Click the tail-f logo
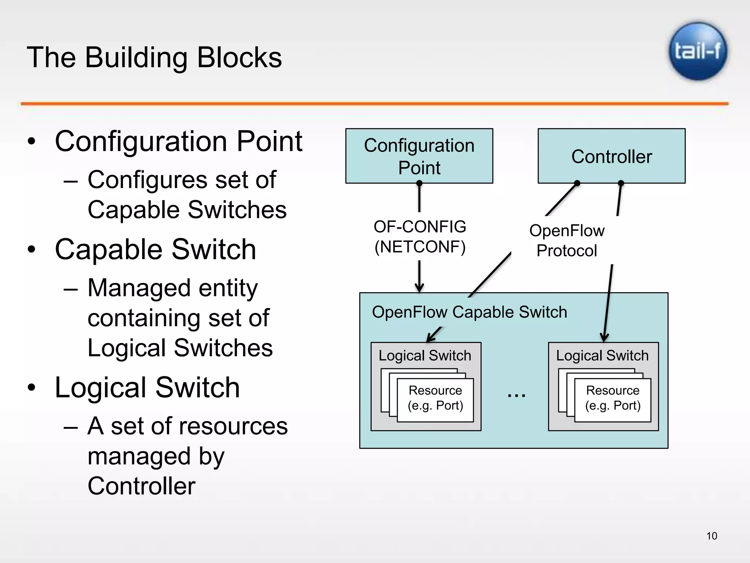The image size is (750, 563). point(698,51)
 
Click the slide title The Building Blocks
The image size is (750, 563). point(154,58)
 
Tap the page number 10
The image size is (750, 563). point(712,536)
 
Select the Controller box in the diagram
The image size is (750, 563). point(611,156)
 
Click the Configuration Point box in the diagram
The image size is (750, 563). point(419,156)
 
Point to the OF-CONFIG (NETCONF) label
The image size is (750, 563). point(420,237)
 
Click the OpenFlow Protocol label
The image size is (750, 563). point(567,240)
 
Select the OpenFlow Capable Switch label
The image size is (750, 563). point(469,312)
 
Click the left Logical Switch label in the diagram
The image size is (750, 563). point(425,356)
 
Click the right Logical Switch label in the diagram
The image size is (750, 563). point(602,356)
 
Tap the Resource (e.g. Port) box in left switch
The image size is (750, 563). point(435,399)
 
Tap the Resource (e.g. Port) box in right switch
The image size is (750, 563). point(613,399)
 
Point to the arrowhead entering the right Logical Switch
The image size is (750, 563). point(604,337)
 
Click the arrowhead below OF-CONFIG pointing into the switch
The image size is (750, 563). point(419,287)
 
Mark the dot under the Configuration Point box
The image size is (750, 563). point(419,183)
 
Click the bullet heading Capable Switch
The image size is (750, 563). point(155,249)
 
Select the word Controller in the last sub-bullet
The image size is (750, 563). point(141,486)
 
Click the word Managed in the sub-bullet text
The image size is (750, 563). point(139,288)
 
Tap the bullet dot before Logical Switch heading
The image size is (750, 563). point(32,388)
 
